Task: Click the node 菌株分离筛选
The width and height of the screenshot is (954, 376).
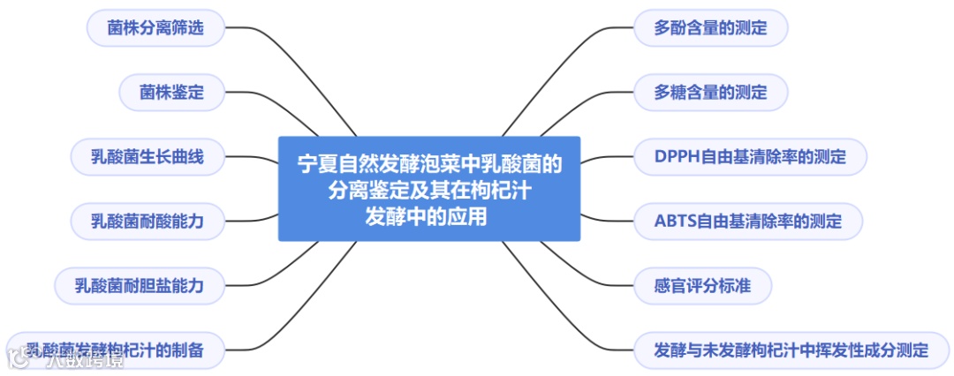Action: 155,28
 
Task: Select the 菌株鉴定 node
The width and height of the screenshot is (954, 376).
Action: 171,92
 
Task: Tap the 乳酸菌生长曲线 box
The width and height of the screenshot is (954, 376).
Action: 148,157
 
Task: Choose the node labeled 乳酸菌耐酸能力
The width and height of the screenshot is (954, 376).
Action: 148,220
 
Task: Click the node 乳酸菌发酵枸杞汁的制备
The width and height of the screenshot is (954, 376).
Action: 115,350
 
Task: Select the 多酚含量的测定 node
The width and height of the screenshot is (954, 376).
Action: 710,28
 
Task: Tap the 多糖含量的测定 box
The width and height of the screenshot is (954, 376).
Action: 710,92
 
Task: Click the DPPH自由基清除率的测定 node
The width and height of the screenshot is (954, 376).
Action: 750,157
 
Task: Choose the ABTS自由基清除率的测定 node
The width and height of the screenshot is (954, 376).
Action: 748,220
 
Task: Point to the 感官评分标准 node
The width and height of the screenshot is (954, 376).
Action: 703,285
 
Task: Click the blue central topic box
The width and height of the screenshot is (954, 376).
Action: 429,188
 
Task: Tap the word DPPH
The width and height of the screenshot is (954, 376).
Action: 676,157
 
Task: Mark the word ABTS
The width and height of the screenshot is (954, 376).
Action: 675,220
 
